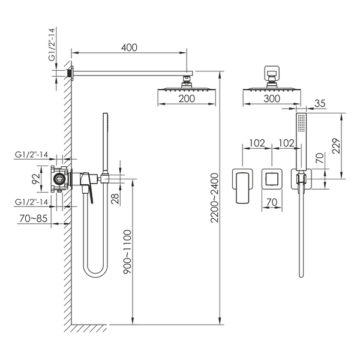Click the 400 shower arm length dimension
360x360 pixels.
coord(129,47)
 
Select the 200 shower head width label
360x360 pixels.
coord(187,99)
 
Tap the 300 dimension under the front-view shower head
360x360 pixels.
coord(272,99)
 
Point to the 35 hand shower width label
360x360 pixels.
coord(320,103)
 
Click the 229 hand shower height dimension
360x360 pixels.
coord(336,146)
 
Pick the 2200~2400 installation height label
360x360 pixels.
coord(215,198)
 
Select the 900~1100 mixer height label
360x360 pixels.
coord(128,251)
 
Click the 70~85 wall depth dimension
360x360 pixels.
coord(33,218)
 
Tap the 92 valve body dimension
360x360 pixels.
coord(36,179)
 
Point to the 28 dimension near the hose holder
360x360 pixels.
coord(115,199)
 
